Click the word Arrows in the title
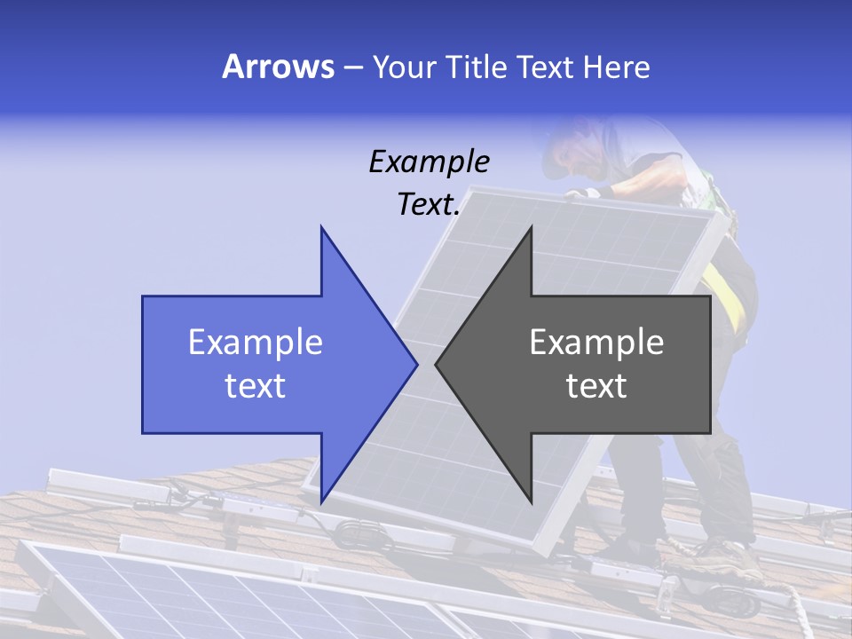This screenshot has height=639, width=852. [x=278, y=67]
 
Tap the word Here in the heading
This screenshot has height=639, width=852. [x=616, y=67]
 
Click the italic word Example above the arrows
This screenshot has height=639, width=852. [x=430, y=162]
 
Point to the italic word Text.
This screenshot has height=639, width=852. [x=429, y=205]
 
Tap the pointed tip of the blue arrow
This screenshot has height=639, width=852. [x=415, y=364]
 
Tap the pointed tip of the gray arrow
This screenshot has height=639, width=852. [x=437, y=364]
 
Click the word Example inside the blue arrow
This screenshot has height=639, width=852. [x=256, y=343]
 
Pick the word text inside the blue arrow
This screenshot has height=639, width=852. [x=256, y=386]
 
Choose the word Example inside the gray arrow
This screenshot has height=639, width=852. [x=596, y=343]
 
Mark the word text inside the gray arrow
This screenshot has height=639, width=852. [x=596, y=386]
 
